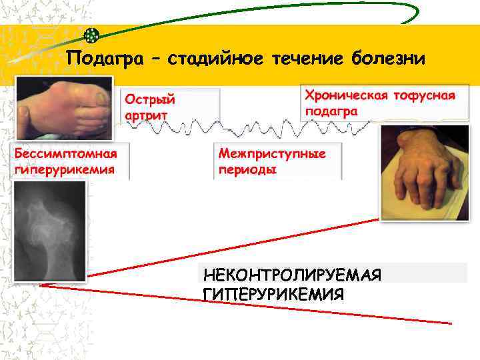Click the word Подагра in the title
(104, 59)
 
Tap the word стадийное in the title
(215, 59)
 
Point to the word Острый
(149, 99)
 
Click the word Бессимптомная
(67, 154)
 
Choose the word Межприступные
(273, 154)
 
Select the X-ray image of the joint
(51, 231)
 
